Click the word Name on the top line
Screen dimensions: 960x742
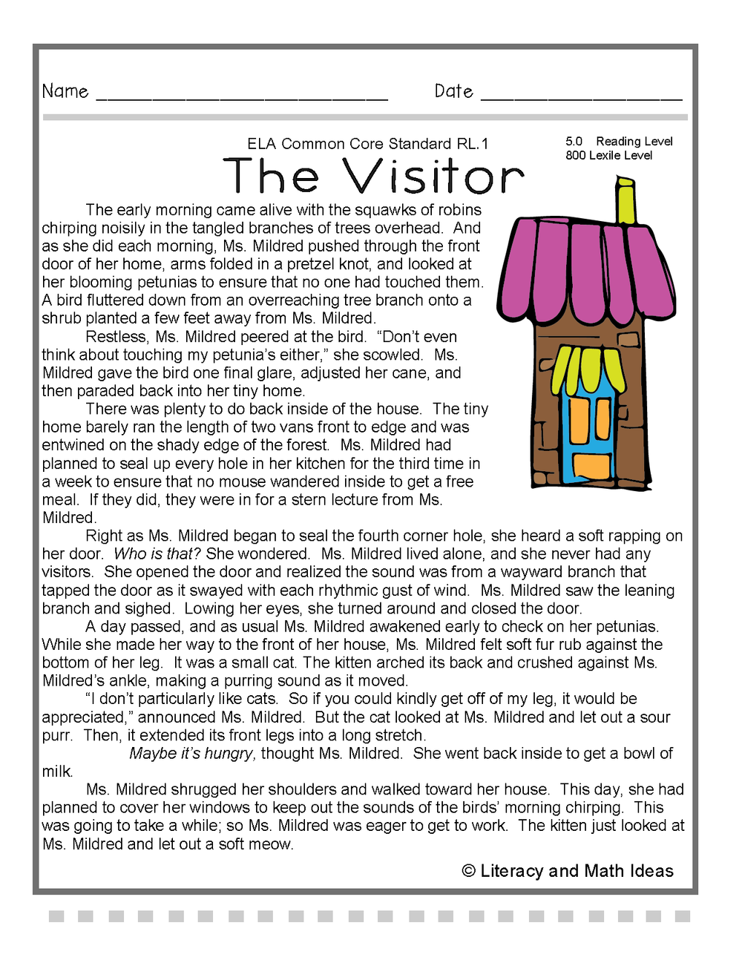click(x=65, y=91)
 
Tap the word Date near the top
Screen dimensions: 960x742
click(x=453, y=91)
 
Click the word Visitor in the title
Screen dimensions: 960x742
click(x=433, y=177)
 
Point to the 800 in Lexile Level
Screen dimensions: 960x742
click(x=575, y=156)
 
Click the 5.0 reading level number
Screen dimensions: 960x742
click(x=574, y=141)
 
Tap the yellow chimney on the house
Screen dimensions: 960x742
click(x=626, y=200)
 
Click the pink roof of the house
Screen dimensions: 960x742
click(x=586, y=267)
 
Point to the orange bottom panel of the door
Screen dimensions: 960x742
click(x=591, y=465)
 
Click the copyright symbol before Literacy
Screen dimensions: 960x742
click(x=468, y=871)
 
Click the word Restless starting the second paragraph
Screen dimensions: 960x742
click(x=116, y=337)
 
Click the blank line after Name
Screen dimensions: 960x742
click(x=242, y=96)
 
